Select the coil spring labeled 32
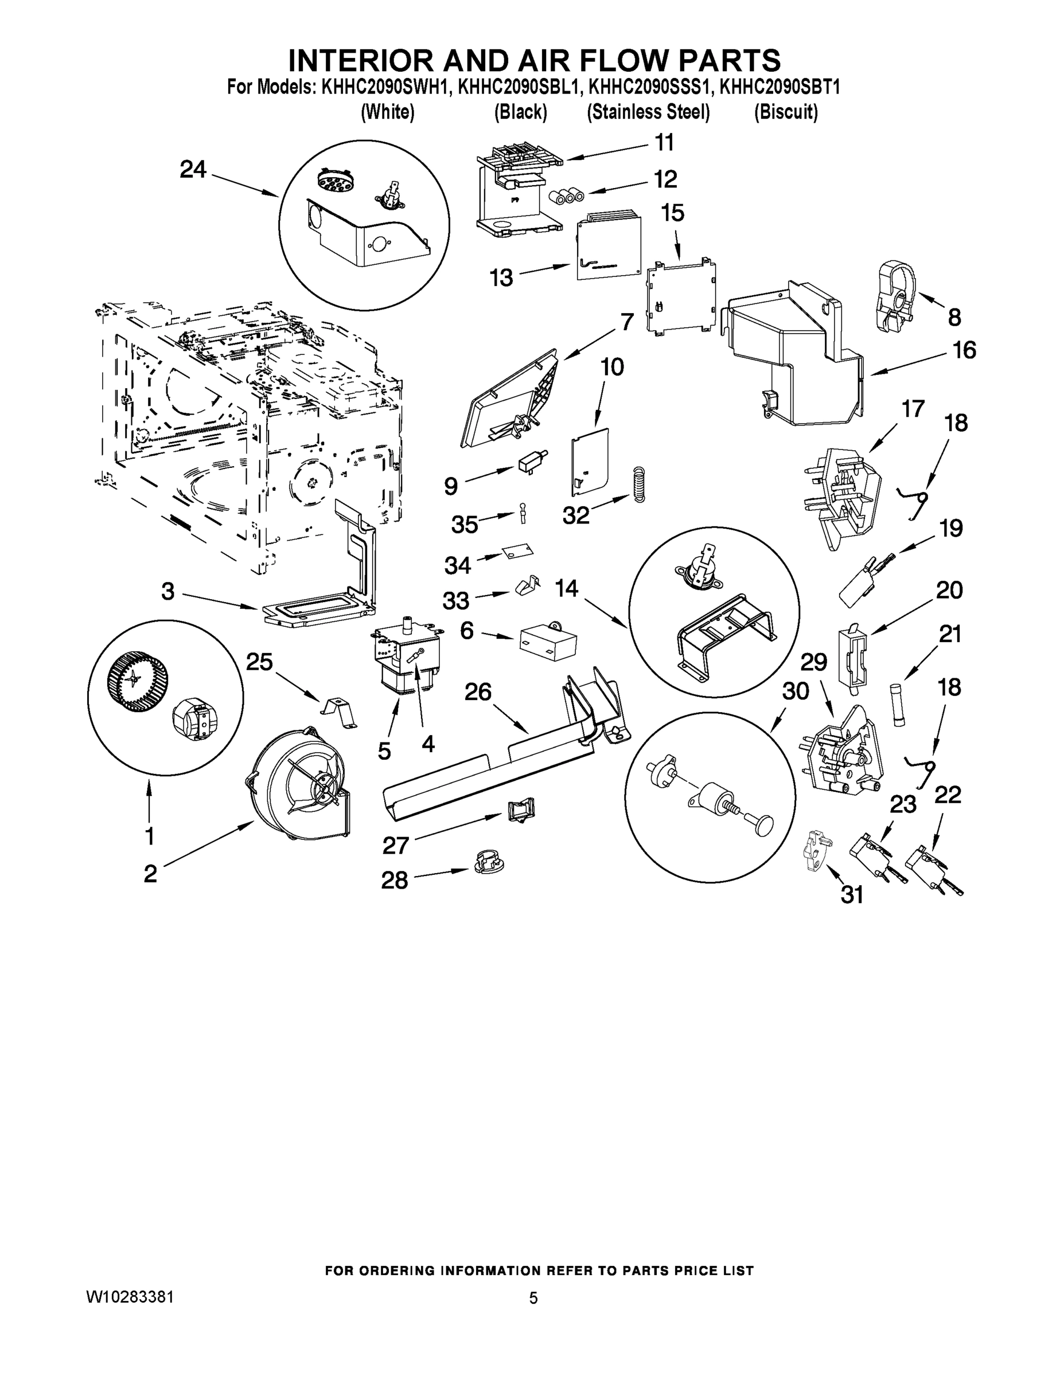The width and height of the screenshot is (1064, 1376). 639,484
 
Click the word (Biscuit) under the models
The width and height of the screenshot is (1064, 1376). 785,112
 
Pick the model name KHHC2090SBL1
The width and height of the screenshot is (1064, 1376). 518,87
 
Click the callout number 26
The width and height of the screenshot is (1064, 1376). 478,692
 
